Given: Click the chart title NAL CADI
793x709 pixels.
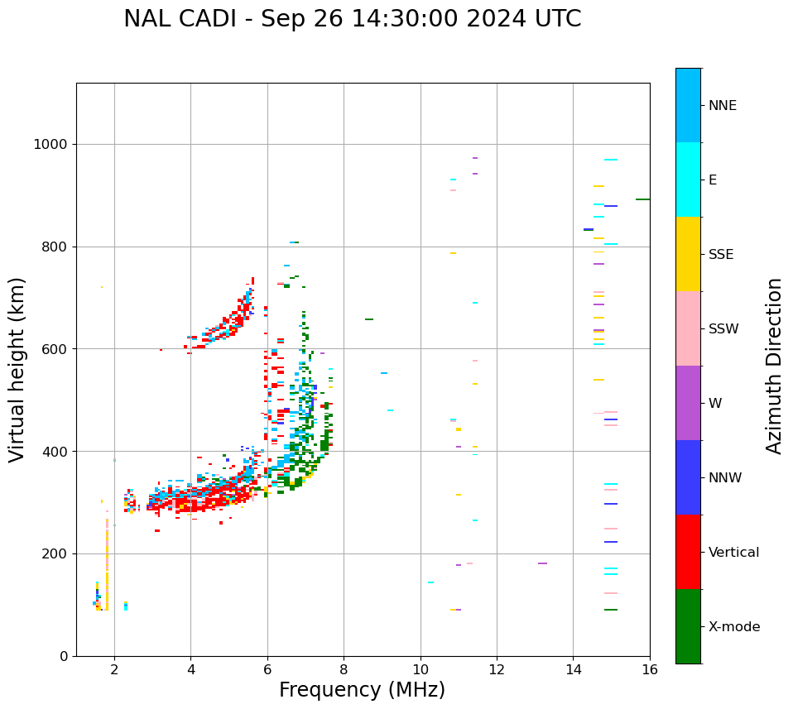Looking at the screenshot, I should click(352, 19).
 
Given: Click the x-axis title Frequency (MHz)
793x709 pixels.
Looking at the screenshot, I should click(362, 690).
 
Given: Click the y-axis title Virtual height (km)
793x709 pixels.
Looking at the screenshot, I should click(17, 370).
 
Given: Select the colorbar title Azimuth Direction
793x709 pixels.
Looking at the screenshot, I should click(774, 366).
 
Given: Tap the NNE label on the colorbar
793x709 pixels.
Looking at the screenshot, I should click(722, 106).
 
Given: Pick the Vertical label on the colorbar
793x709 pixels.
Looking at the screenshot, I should click(733, 553).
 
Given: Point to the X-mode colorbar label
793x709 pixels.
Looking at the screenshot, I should click(733, 627).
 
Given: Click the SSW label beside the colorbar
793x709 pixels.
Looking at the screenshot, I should click(723, 329).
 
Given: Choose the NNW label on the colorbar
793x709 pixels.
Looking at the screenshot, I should click(725, 478).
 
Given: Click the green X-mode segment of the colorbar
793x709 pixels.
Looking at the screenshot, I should click(688, 626).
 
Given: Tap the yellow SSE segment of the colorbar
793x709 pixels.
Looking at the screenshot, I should click(688, 254).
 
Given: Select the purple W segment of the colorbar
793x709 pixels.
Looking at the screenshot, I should click(688, 403).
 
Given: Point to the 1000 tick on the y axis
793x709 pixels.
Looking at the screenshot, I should click(51, 145).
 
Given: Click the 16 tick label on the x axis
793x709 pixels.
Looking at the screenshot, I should click(650, 669).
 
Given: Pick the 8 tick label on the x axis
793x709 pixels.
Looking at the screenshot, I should click(344, 669).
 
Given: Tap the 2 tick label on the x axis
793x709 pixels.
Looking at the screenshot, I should click(114, 669).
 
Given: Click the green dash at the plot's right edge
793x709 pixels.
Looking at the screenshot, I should click(642, 199).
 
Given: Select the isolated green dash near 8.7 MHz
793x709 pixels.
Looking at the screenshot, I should click(369, 319).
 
